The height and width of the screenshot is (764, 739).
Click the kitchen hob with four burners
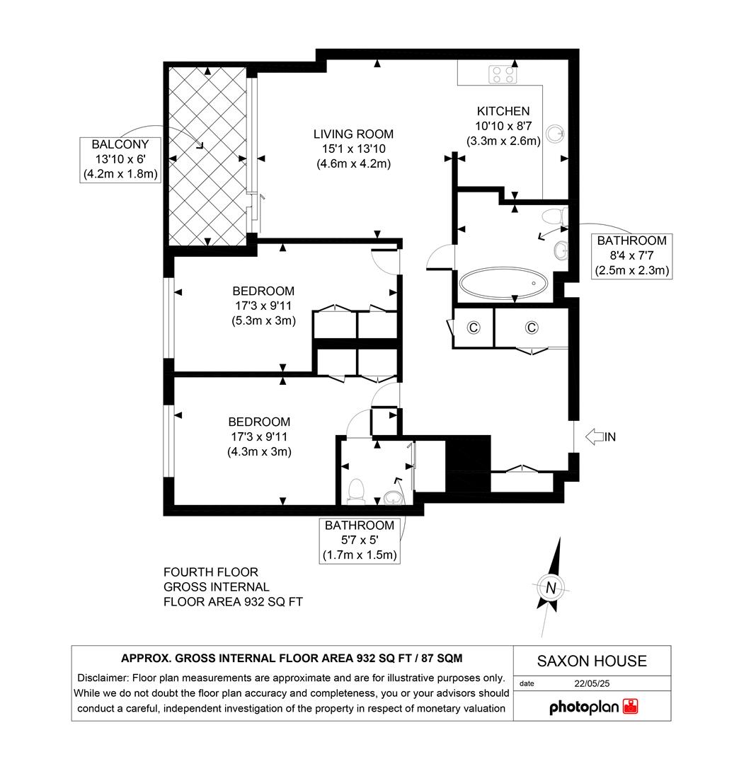(x=502, y=74)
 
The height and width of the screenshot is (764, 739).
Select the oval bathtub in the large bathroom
(x=503, y=284)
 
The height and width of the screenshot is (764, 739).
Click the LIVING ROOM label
(x=353, y=134)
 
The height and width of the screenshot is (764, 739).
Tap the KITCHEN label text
(x=503, y=111)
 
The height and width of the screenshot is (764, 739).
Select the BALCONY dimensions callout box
(x=120, y=160)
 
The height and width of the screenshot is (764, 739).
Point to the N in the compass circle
(x=551, y=587)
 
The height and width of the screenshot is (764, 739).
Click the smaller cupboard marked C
(x=473, y=327)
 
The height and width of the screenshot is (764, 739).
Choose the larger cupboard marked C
(x=532, y=327)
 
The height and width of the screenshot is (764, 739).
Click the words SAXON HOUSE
(x=592, y=661)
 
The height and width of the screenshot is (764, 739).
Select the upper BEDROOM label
(x=263, y=291)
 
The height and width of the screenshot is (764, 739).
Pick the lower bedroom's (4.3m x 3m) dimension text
(x=259, y=451)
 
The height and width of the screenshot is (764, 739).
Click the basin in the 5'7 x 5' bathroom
(x=391, y=495)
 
